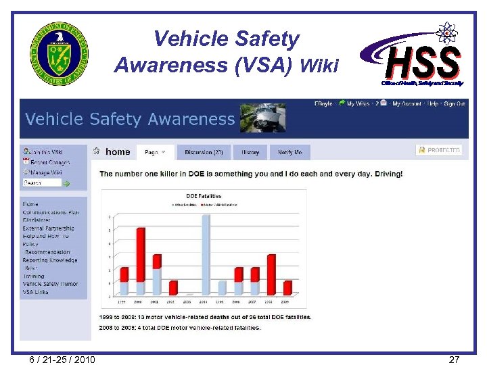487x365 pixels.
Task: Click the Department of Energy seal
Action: click(59, 53)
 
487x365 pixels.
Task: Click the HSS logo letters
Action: click(423, 62)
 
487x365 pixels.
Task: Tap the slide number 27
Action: click(454, 359)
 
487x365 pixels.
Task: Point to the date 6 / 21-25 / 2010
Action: click(62, 359)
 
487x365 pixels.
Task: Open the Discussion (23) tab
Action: click(204, 152)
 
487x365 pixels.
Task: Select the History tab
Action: click(250, 152)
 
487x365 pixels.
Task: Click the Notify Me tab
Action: click(289, 152)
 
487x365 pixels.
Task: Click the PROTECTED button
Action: click(439, 150)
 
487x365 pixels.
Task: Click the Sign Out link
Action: click(453, 103)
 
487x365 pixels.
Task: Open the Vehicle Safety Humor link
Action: click(50, 284)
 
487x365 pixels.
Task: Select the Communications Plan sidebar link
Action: click(51, 212)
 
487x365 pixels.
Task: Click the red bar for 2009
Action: click(287, 287)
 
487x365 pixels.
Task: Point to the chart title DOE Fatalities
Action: click(203, 196)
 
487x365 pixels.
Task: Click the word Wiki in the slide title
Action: click(319, 65)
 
